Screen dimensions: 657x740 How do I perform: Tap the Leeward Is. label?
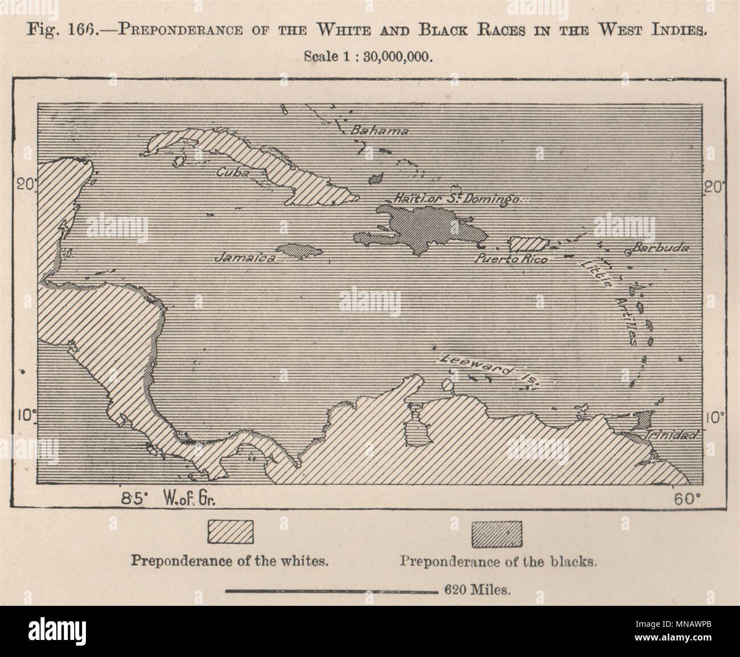coord(487,371)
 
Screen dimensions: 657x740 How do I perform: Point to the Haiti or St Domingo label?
coord(455,199)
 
